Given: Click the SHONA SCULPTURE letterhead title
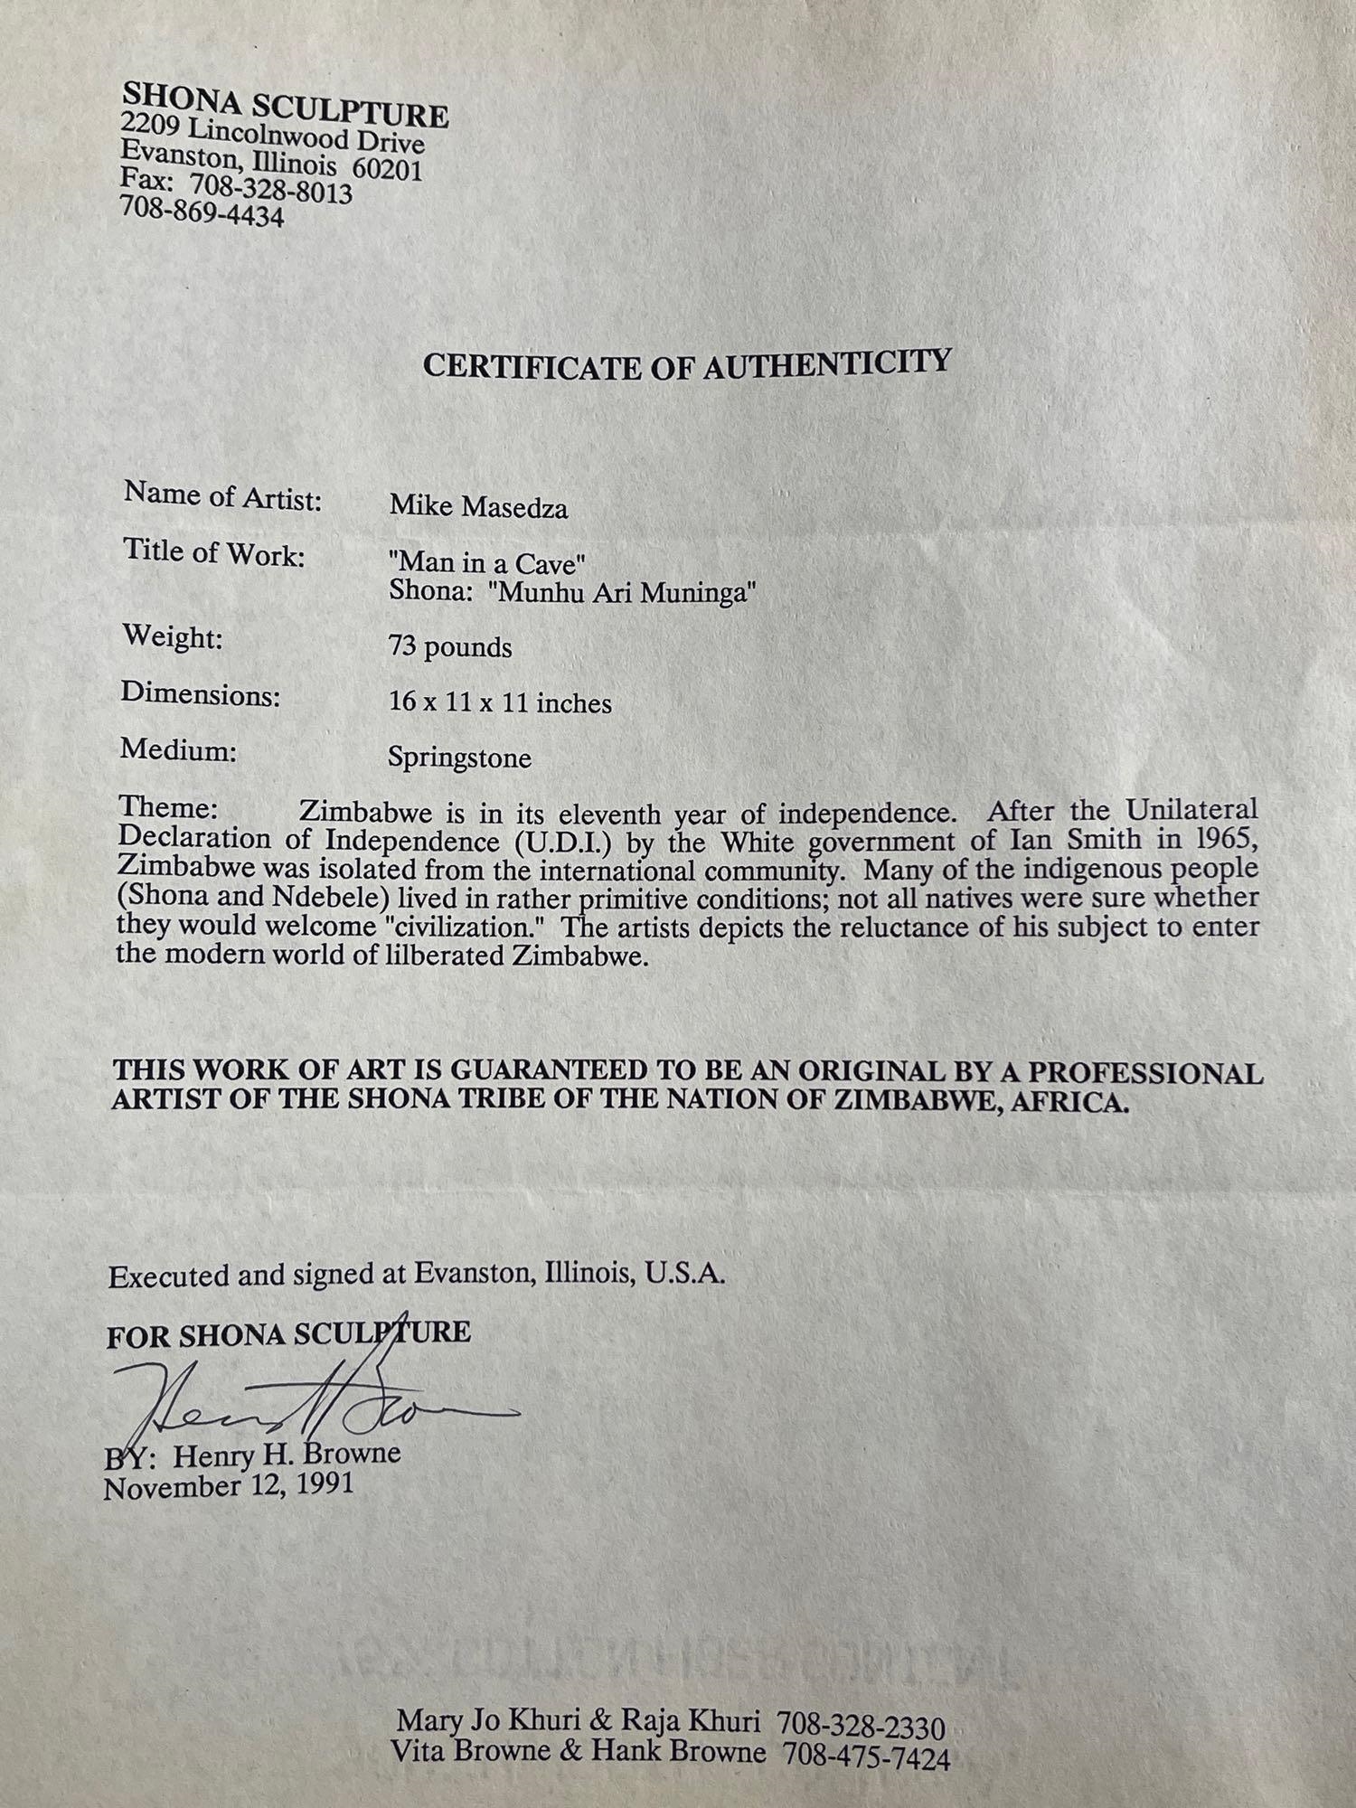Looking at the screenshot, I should (x=285, y=104).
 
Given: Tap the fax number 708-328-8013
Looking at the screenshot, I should (x=271, y=189).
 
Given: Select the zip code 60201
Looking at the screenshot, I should (x=388, y=170).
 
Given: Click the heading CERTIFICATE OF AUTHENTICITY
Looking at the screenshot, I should (x=687, y=364).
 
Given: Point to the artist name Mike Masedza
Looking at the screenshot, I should (x=478, y=507).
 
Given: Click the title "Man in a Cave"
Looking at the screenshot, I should (x=487, y=563).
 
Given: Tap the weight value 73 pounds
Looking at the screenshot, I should (x=450, y=647).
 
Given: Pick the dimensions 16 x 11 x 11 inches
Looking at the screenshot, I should (x=500, y=702).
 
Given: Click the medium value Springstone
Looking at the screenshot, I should (x=459, y=758).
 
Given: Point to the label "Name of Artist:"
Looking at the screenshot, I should (x=222, y=496).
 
